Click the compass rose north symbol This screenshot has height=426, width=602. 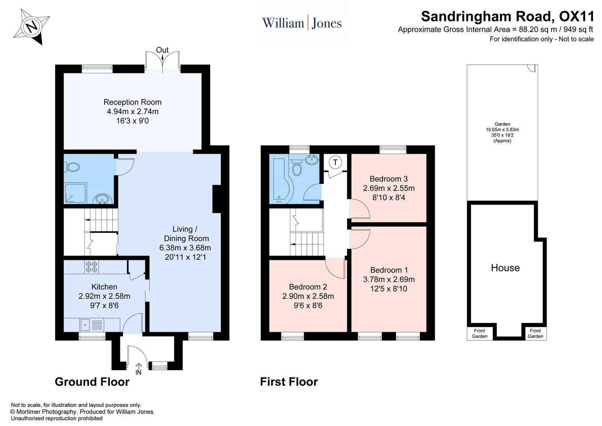tap(32, 27)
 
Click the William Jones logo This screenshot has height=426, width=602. tap(302, 23)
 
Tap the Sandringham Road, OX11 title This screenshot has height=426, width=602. tap(507, 17)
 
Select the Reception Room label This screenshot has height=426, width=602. tap(133, 102)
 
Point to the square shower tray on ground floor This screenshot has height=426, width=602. tap(75, 193)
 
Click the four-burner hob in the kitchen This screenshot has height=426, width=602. tap(92, 267)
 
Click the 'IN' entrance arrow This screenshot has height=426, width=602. tap(138, 369)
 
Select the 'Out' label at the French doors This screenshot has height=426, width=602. tap(162, 50)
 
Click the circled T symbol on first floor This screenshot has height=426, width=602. tap(335, 162)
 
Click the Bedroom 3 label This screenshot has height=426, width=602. tap(389, 179)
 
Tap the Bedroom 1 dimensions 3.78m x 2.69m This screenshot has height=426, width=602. tap(389, 279)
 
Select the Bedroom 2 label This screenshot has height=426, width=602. tap(308, 287)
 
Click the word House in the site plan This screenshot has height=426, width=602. tap(505, 268)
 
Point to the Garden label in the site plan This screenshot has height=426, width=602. tap(502, 124)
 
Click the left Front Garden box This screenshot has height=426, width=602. tap(480, 333)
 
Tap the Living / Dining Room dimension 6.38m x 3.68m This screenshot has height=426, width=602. tap(185, 248)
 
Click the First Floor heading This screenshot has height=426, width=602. tap(289, 381)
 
